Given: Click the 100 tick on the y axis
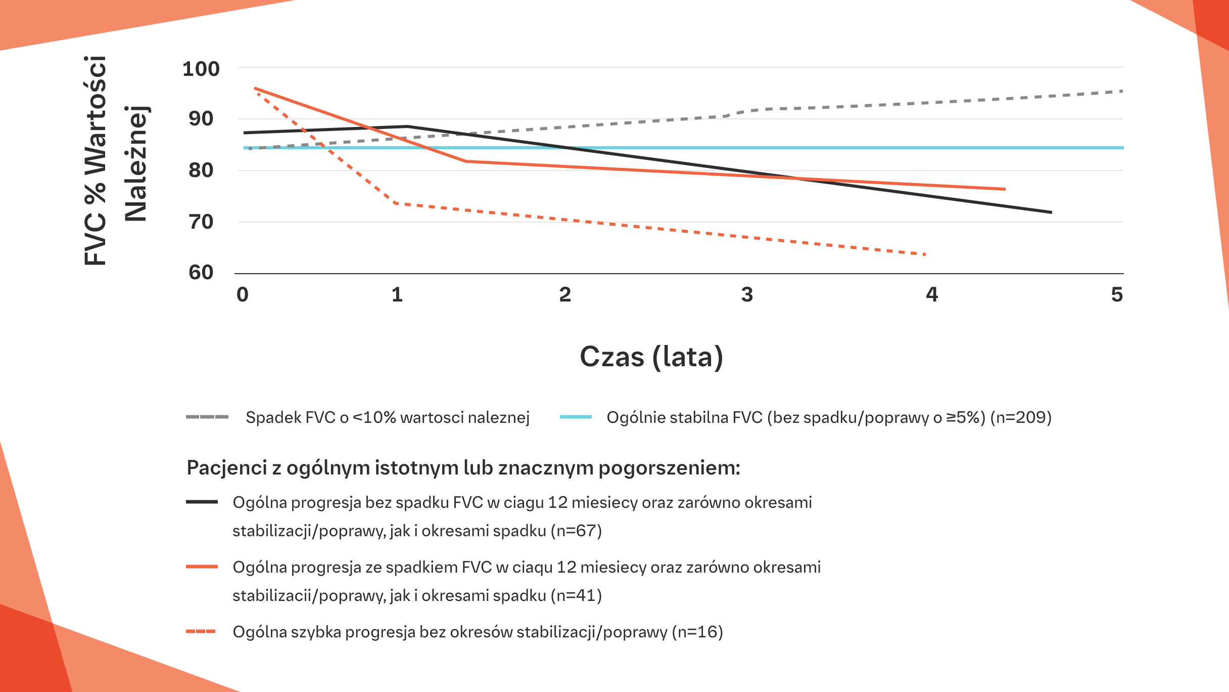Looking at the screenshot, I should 201,69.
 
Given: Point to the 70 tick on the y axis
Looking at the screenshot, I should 201,222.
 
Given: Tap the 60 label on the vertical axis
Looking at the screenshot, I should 201,273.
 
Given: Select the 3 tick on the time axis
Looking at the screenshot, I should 747,294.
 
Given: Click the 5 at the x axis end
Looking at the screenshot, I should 1117,294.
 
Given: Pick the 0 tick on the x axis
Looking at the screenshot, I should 243,294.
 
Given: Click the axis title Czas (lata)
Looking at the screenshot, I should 651,357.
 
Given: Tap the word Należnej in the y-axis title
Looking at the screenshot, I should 135,163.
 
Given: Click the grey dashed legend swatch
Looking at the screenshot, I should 207,417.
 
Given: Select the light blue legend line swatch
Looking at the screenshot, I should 576,417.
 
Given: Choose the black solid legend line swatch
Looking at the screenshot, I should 202,502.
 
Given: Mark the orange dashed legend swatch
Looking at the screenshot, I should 201,632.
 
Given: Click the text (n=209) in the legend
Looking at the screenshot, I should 1021,417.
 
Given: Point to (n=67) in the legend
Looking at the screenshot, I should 576,531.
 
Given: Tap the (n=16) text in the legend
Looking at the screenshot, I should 697,632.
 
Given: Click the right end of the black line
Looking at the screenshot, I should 1051,212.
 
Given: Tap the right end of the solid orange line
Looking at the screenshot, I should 1005,189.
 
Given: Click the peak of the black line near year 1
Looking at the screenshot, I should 407,126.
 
